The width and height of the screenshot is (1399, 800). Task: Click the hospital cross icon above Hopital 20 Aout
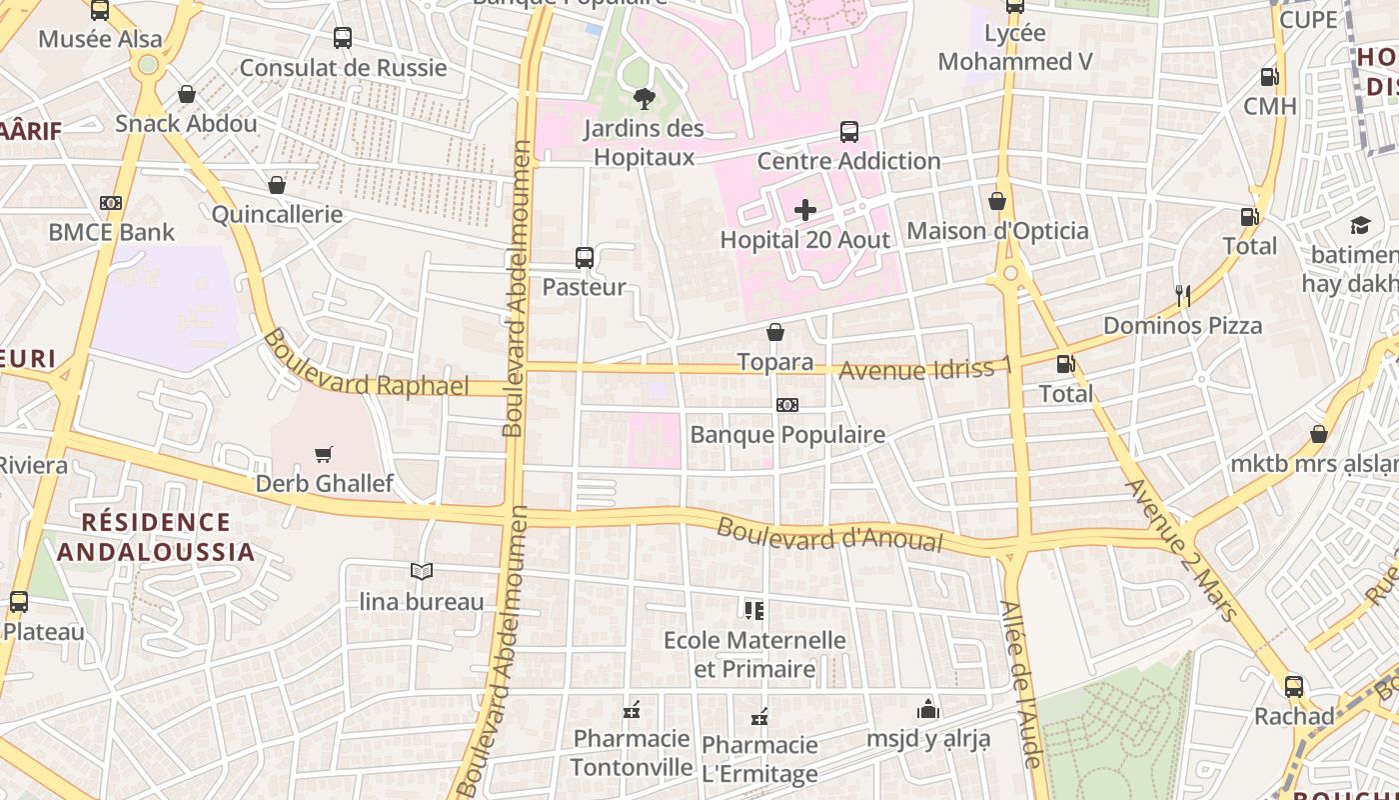(x=805, y=210)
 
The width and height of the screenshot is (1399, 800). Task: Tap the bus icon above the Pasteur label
(x=585, y=258)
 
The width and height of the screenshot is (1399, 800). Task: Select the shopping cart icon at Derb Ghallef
(x=323, y=455)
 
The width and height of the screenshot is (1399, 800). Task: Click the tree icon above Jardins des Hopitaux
(x=645, y=98)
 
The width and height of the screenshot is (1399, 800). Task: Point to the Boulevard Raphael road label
(x=365, y=364)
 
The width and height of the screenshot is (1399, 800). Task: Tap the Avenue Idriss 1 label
(x=925, y=369)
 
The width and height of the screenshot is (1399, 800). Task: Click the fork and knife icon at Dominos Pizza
(x=1183, y=295)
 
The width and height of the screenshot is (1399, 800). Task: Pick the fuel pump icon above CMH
(x=1269, y=76)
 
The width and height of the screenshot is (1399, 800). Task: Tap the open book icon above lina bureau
(x=422, y=572)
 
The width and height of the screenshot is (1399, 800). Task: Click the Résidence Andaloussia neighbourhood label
(x=156, y=537)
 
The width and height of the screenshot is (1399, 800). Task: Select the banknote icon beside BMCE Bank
(x=111, y=203)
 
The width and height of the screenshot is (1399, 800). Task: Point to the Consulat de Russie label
(x=343, y=68)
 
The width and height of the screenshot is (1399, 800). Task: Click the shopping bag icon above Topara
(x=775, y=332)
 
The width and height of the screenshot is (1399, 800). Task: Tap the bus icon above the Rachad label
(x=1294, y=687)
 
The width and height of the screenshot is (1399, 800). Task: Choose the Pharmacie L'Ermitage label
(x=759, y=759)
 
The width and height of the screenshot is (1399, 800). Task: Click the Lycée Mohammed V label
(x=1015, y=47)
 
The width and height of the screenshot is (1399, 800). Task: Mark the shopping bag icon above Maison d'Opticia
(x=997, y=201)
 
